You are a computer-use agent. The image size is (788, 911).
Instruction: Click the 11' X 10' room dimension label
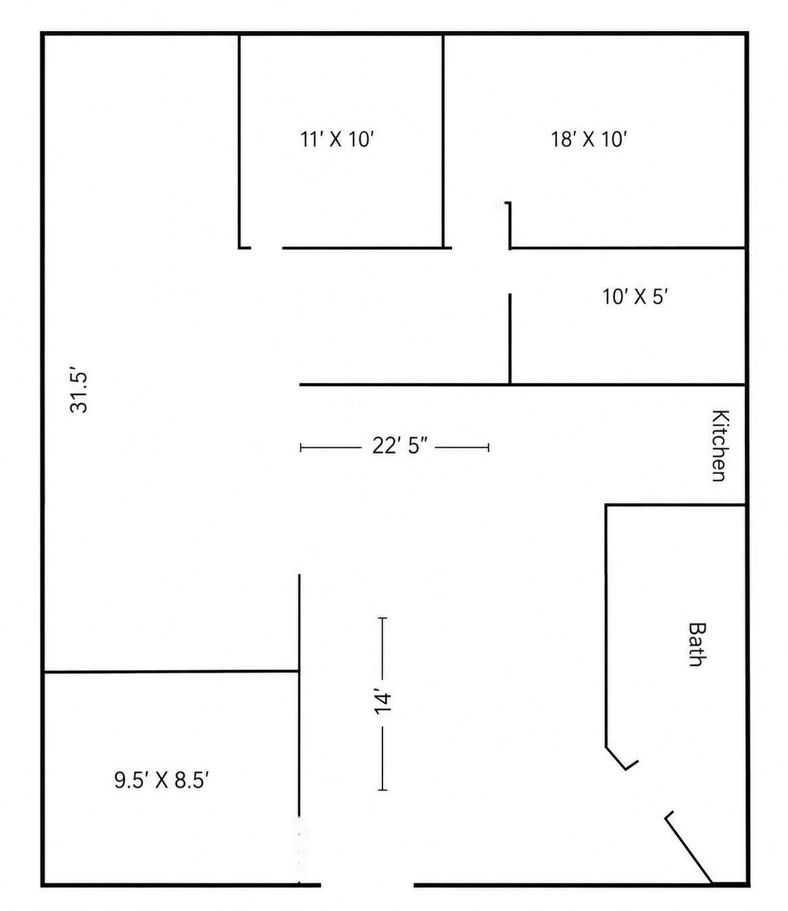337,140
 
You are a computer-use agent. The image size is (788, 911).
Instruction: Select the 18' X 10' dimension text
589,140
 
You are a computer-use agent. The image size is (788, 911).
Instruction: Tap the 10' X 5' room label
635,297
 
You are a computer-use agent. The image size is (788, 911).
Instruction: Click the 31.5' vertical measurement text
79,392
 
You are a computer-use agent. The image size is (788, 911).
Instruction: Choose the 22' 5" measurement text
400,446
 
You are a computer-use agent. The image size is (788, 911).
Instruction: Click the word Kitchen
720,446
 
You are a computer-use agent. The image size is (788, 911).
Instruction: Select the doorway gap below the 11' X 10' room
267,248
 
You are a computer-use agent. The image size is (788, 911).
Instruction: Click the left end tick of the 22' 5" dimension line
301,448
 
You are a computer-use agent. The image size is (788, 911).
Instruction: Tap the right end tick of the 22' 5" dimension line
488,448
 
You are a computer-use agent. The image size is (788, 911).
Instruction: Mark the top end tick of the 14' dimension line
383,619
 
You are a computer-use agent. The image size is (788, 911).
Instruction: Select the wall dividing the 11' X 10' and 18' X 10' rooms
443,141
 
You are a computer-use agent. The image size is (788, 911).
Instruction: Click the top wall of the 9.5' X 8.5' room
172,671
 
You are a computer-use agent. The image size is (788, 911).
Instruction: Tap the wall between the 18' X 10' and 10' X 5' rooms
627,248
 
